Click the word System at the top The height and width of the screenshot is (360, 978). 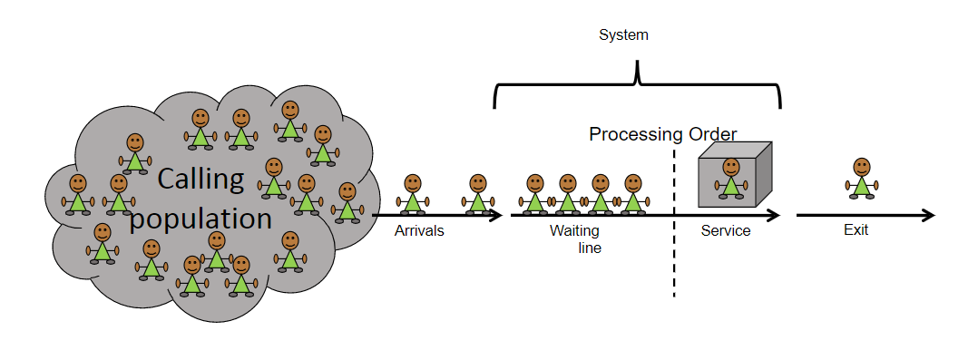tap(623, 35)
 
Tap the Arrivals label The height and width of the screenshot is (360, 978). tap(419, 231)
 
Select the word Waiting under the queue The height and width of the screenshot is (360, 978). tap(574, 231)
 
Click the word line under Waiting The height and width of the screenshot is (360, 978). tap(590, 248)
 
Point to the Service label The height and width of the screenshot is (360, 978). tap(726, 231)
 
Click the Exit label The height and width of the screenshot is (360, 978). tap(856, 230)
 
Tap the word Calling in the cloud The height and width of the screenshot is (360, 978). tap(200, 179)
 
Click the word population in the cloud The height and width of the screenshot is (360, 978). tap(201, 219)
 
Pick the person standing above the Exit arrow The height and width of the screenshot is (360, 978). tap(862, 179)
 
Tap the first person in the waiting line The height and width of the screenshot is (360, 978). tap(534, 194)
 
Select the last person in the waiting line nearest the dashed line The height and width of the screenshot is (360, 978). tap(633, 194)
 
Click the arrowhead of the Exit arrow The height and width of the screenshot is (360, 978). tap(928, 216)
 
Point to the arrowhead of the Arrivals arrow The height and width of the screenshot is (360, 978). tap(495, 216)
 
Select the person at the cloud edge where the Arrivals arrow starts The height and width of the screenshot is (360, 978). tap(347, 202)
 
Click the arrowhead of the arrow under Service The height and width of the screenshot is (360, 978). tap(773, 216)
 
